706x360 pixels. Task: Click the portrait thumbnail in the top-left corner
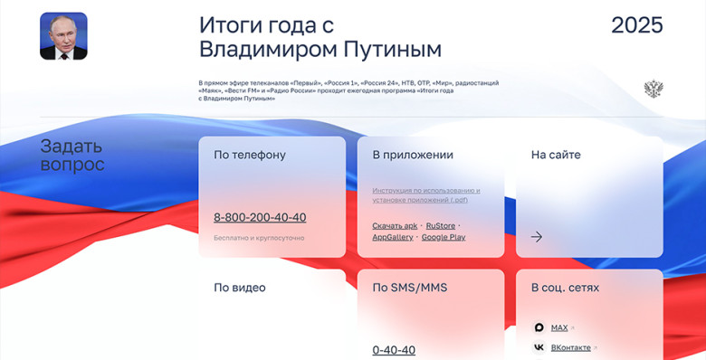(x=63, y=36)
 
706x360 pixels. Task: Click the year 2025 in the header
(x=636, y=25)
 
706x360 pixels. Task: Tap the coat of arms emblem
(x=653, y=89)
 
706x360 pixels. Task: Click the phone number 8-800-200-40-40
(x=260, y=217)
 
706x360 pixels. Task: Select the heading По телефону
(x=250, y=155)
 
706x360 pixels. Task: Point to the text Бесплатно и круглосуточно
(x=259, y=238)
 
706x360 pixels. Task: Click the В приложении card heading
(x=413, y=155)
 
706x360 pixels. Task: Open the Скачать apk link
(x=395, y=225)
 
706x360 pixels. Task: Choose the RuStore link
(x=441, y=225)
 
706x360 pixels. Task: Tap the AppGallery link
(x=393, y=237)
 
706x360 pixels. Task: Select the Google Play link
(x=444, y=237)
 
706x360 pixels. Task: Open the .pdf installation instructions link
(x=425, y=195)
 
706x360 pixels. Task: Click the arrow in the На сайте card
(x=537, y=237)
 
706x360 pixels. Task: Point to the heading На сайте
(x=556, y=155)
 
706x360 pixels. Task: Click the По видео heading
(x=240, y=288)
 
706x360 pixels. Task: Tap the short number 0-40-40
(x=394, y=350)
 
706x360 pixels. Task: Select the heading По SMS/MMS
(x=409, y=288)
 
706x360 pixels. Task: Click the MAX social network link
(x=558, y=327)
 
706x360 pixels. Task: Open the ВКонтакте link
(x=570, y=347)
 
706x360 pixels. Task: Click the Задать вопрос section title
(x=72, y=156)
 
